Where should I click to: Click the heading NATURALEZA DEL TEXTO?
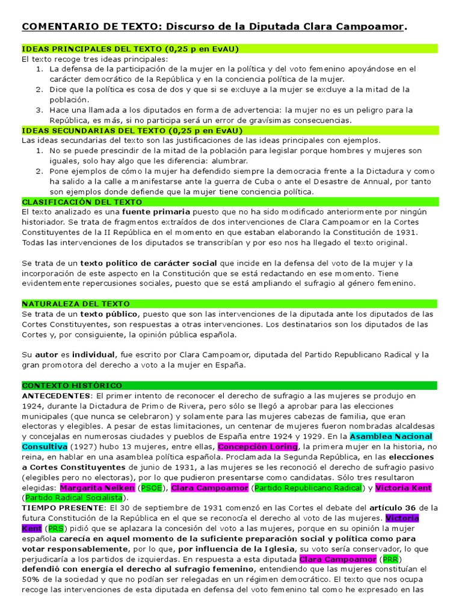tap(76, 304)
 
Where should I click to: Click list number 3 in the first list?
tap(38, 110)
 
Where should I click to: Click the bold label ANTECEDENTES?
tap(56, 396)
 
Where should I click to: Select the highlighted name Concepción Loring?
tap(257, 447)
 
